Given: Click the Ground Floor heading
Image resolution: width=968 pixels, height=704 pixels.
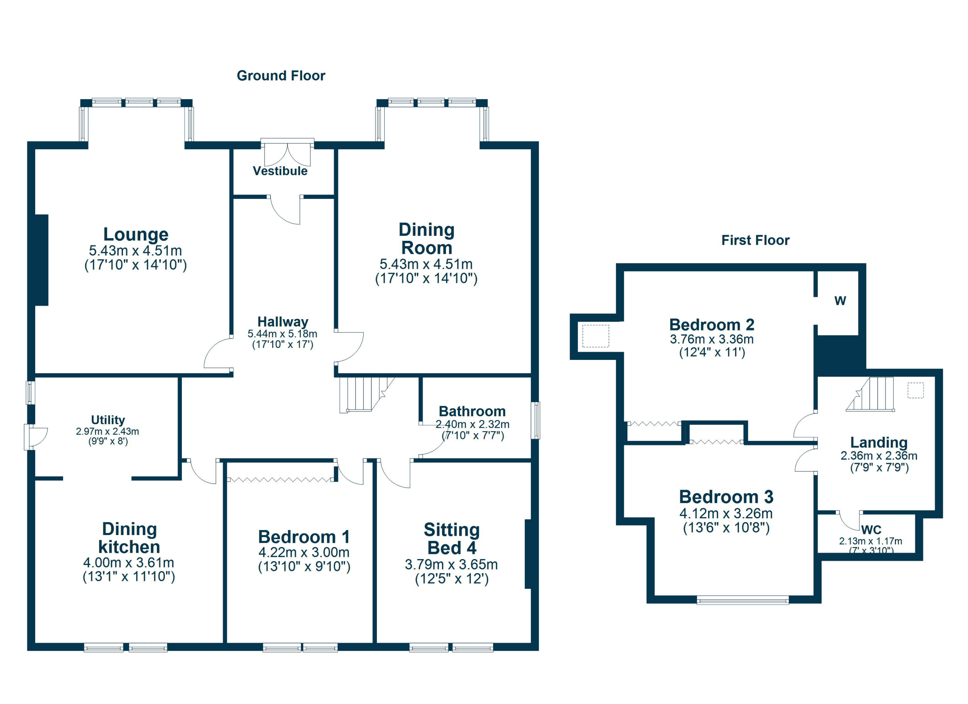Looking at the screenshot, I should click(x=281, y=76).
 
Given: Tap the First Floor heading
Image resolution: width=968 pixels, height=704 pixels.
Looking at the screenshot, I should click(x=755, y=240).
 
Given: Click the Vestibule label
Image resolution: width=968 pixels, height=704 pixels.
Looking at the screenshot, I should click(x=280, y=171).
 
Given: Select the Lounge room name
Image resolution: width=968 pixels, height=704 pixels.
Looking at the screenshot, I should click(x=136, y=234).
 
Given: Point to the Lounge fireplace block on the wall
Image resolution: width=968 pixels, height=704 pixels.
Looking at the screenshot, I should click(x=41, y=260).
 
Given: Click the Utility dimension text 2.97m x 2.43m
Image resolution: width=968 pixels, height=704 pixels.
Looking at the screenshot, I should click(x=107, y=431).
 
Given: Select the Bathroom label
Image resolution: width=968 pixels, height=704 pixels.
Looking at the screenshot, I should click(x=472, y=411).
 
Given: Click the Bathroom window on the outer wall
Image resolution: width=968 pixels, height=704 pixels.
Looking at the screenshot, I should click(x=536, y=420).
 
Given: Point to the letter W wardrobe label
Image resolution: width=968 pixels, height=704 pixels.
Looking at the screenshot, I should click(x=840, y=301).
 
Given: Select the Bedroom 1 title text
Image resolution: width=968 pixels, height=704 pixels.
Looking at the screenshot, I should click(x=304, y=537).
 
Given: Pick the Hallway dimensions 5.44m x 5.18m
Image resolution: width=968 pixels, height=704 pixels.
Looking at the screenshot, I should click(x=282, y=333).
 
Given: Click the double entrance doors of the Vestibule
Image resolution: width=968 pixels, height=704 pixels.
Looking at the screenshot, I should click(x=287, y=154).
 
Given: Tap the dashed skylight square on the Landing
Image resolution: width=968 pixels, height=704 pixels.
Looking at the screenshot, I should click(x=915, y=391).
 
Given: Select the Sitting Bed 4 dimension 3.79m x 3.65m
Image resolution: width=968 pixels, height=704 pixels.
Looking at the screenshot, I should click(x=451, y=564).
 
